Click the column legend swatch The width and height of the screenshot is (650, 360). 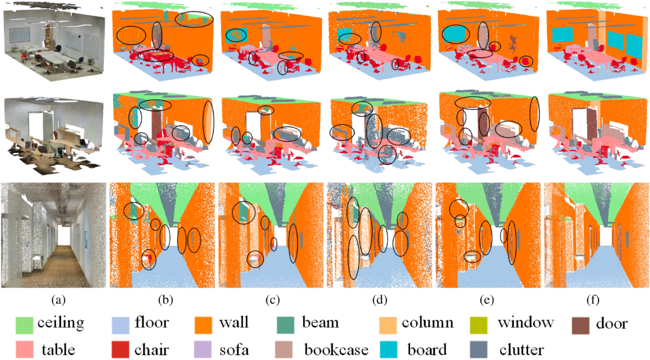tap(387, 323)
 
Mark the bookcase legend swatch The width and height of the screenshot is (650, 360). tap(288, 349)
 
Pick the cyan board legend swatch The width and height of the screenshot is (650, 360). tap(387, 349)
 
